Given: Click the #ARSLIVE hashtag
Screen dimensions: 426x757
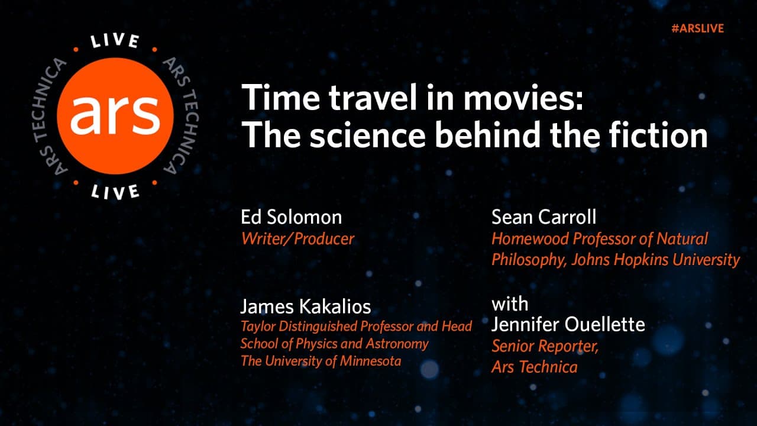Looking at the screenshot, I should pos(697,28).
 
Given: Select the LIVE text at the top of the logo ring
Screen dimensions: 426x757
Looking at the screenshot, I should pos(115,41).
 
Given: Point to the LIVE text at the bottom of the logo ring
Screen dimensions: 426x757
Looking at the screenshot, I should pos(115,191).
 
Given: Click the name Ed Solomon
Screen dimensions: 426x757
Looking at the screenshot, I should pos(291,217).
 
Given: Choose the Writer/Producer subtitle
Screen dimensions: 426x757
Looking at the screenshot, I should pos(297,238).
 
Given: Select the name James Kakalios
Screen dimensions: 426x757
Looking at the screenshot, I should pos(305,306).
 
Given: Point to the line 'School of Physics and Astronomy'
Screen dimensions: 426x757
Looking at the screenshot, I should pos(334,343).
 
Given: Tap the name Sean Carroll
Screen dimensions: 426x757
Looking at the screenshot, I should pos(544,217).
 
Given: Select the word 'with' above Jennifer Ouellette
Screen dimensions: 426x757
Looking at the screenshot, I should pos(509,304).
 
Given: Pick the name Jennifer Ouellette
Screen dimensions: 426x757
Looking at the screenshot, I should pos(568,324).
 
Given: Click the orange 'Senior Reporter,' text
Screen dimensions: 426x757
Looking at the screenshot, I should pos(545,346).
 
